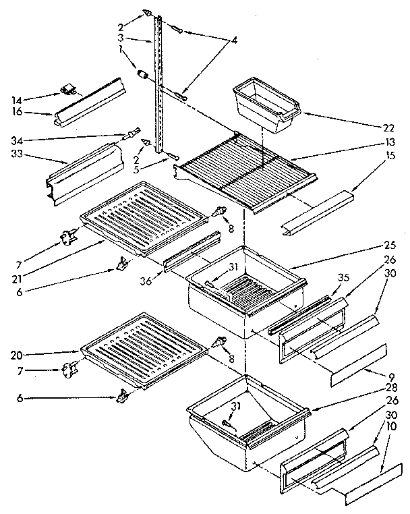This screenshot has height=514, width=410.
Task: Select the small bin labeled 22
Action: click(266, 105)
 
